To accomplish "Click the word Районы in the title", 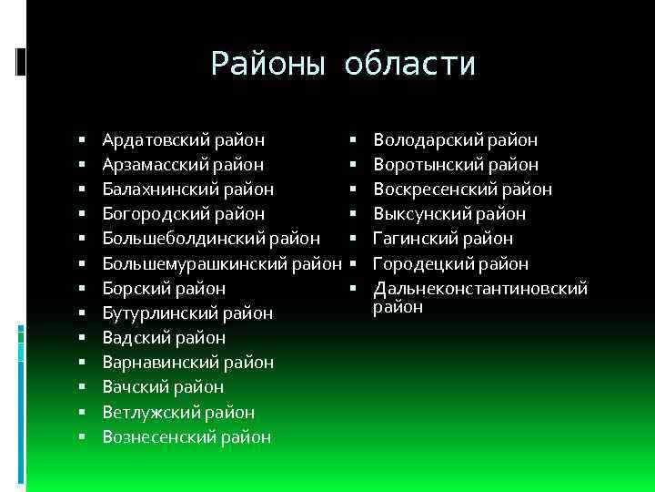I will pos(267,64).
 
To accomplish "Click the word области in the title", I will pos(410,64).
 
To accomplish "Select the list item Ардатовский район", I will pos(184,140).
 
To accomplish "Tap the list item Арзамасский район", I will pos(184,165).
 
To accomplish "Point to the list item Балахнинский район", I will pos(188,190).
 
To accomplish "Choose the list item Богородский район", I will pos(184,214).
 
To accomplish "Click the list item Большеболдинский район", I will pos(211,239).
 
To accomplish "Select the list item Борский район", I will pos(164,289).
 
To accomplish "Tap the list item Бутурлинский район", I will pos(187,313).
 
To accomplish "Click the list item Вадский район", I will pos(164,338).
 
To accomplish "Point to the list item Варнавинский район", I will pos(188,363).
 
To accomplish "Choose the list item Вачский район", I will pos(163,387).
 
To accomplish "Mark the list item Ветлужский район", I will pos(178,413).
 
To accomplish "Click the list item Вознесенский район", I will pos(186,437).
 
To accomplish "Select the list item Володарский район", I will pos(456,140).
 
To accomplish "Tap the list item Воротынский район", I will pos(456,165).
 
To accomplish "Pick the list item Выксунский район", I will pos(449,214).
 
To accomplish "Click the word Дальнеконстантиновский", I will pos(481,289).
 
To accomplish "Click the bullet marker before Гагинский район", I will pos(351,239).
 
